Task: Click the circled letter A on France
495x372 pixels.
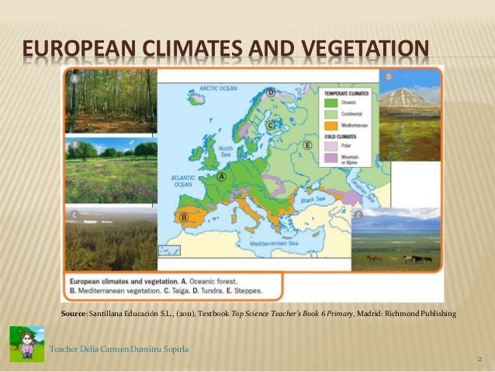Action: pyautogui.click(x=222, y=177)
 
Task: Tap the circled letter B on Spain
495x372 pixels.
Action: pyautogui.click(x=185, y=217)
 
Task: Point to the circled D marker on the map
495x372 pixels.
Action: pyautogui.click(x=271, y=92)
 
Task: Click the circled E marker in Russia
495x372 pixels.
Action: pyautogui.click(x=308, y=145)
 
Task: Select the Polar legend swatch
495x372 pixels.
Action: pyautogui.click(x=330, y=145)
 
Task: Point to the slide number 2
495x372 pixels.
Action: pyautogui.click(x=480, y=360)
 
